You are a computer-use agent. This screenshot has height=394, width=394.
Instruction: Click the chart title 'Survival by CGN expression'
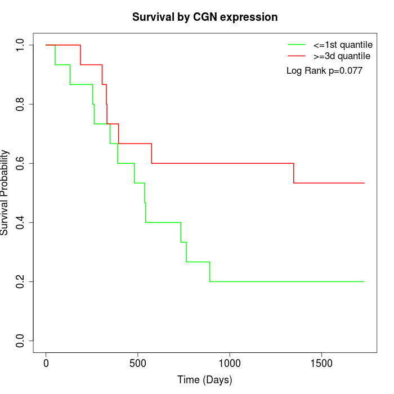click(x=205, y=17)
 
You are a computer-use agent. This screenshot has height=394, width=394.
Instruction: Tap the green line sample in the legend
click(x=297, y=44)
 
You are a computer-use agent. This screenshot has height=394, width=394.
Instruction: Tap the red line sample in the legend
click(x=297, y=56)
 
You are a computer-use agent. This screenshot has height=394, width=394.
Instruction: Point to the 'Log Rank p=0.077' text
click(x=324, y=71)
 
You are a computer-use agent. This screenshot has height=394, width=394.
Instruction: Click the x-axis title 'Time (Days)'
click(x=205, y=380)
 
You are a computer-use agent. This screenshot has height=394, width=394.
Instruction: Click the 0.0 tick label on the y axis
click(x=21, y=341)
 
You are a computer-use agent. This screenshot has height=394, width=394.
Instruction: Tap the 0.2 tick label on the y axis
click(x=21, y=281)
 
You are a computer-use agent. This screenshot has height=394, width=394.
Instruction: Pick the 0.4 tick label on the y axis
click(x=21, y=222)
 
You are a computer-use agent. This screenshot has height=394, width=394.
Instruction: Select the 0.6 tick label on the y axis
click(x=21, y=163)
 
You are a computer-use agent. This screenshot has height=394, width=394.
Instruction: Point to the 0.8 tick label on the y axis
click(x=21, y=104)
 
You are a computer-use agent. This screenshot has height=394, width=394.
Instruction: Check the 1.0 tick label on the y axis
click(x=21, y=45)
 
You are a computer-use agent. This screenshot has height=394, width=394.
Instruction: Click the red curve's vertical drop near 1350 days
click(x=294, y=173)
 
